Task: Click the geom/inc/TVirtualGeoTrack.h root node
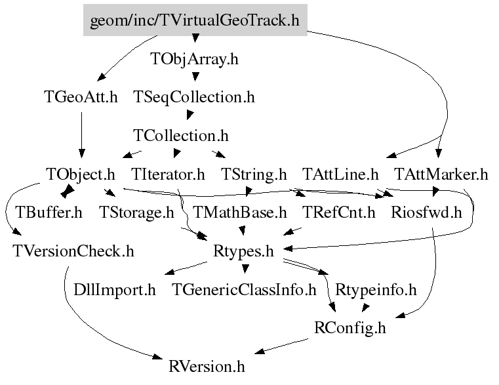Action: click(195, 21)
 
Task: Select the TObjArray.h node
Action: click(194, 59)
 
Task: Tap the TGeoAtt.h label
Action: click(81, 98)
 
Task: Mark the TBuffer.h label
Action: click(49, 213)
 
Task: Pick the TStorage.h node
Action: click(136, 213)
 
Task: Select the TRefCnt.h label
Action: click(339, 213)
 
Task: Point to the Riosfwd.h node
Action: click(426, 213)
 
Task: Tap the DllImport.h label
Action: click(115, 289)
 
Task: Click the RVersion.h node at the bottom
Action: click(207, 366)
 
